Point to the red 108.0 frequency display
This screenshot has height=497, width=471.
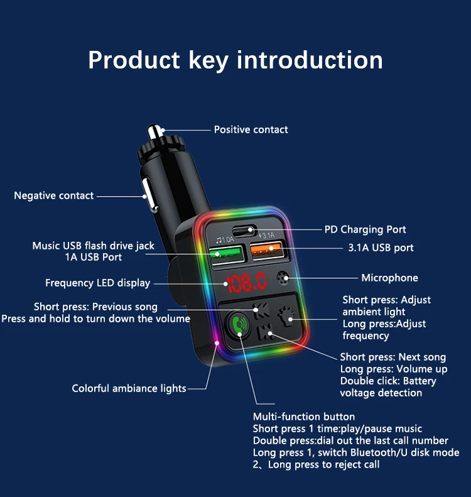[247, 282]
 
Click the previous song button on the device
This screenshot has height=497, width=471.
[258, 308]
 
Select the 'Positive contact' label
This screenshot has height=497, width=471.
[251, 129]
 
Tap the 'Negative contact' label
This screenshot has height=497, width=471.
[54, 195]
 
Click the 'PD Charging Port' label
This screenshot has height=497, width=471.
[365, 229]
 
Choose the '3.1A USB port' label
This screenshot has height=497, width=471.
[381, 248]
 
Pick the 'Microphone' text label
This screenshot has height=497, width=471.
[389, 278]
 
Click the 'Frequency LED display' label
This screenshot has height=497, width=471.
[97, 283]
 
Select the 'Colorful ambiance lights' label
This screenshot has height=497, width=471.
[129, 388]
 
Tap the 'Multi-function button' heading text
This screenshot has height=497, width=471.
[303, 417]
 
